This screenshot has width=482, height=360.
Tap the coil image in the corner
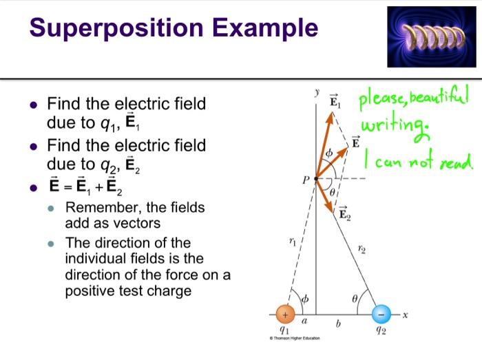[x=432, y=36]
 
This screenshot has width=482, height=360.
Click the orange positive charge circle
[x=285, y=315]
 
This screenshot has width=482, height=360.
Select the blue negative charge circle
[x=381, y=315]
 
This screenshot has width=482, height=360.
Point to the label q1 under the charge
[x=284, y=331]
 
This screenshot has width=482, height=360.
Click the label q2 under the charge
[x=381, y=331]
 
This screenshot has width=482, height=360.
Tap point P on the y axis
[x=316, y=178]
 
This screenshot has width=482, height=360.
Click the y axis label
[x=316, y=92]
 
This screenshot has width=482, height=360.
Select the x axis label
[x=406, y=315]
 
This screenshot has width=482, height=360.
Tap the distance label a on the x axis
[x=304, y=321]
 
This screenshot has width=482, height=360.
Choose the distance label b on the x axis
[x=338, y=324]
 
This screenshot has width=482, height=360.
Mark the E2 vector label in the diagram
[x=346, y=216]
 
